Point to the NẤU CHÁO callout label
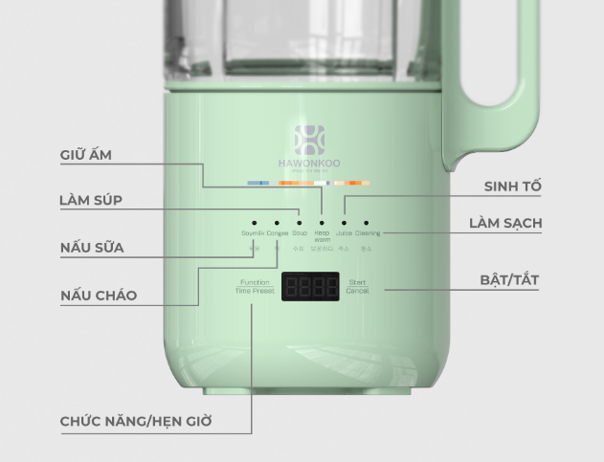click(99, 296)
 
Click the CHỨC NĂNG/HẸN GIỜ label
click(136, 421)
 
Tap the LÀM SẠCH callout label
click(505, 223)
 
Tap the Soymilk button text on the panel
click(253, 232)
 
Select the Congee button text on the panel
click(277, 232)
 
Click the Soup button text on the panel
click(300, 232)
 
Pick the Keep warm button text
click(323, 235)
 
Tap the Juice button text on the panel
click(345, 232)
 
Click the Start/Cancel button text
click(357, 286)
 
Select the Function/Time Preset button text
click(255, 286)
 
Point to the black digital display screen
click(310, 287)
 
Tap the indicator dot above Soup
click(300, 222)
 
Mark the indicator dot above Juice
click(345, 222)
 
